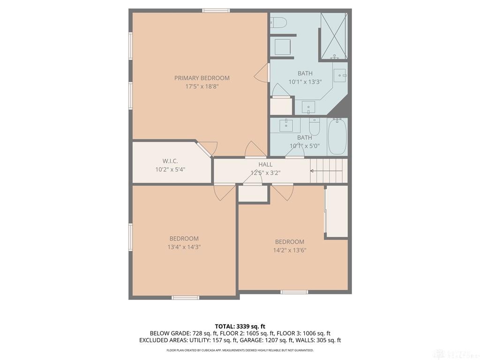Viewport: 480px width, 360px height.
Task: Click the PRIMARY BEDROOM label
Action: pyautogui.click(x=202, y=78)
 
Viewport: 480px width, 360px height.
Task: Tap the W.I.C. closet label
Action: pyautogui.click(x=170, y=161)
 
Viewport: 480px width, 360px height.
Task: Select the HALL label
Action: pyautogui.click(x=265, y=165)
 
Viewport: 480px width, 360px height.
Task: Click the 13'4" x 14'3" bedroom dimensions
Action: pyautogui.click(x=184, y=247)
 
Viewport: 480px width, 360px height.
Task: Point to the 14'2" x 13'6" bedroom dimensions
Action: pyautogui.click(x=290, y=250)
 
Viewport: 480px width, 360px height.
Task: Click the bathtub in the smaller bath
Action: pyautogui.click(x=337, y=137)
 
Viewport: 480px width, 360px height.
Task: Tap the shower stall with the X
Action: pyautogui.click(x=334, y=36)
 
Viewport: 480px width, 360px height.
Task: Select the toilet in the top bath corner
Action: pyautogui.click(x=278, y=22)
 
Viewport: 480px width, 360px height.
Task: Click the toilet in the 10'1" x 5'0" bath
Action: pyautogui.click(x=314, y=127)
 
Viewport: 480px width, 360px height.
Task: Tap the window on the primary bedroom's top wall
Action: pyautogui.click(x=216, y=11)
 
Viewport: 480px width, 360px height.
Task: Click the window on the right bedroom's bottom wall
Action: pyautogui.click(x=294, y=292)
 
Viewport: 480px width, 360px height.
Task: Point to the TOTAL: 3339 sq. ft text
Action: pyautogui.click(x=240, y=326)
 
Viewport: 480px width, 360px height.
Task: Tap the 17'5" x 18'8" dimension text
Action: pyautogui.click(x=202, y=86)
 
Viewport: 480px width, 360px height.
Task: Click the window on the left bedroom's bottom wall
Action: pyautogui.click(x=185, y=298)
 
